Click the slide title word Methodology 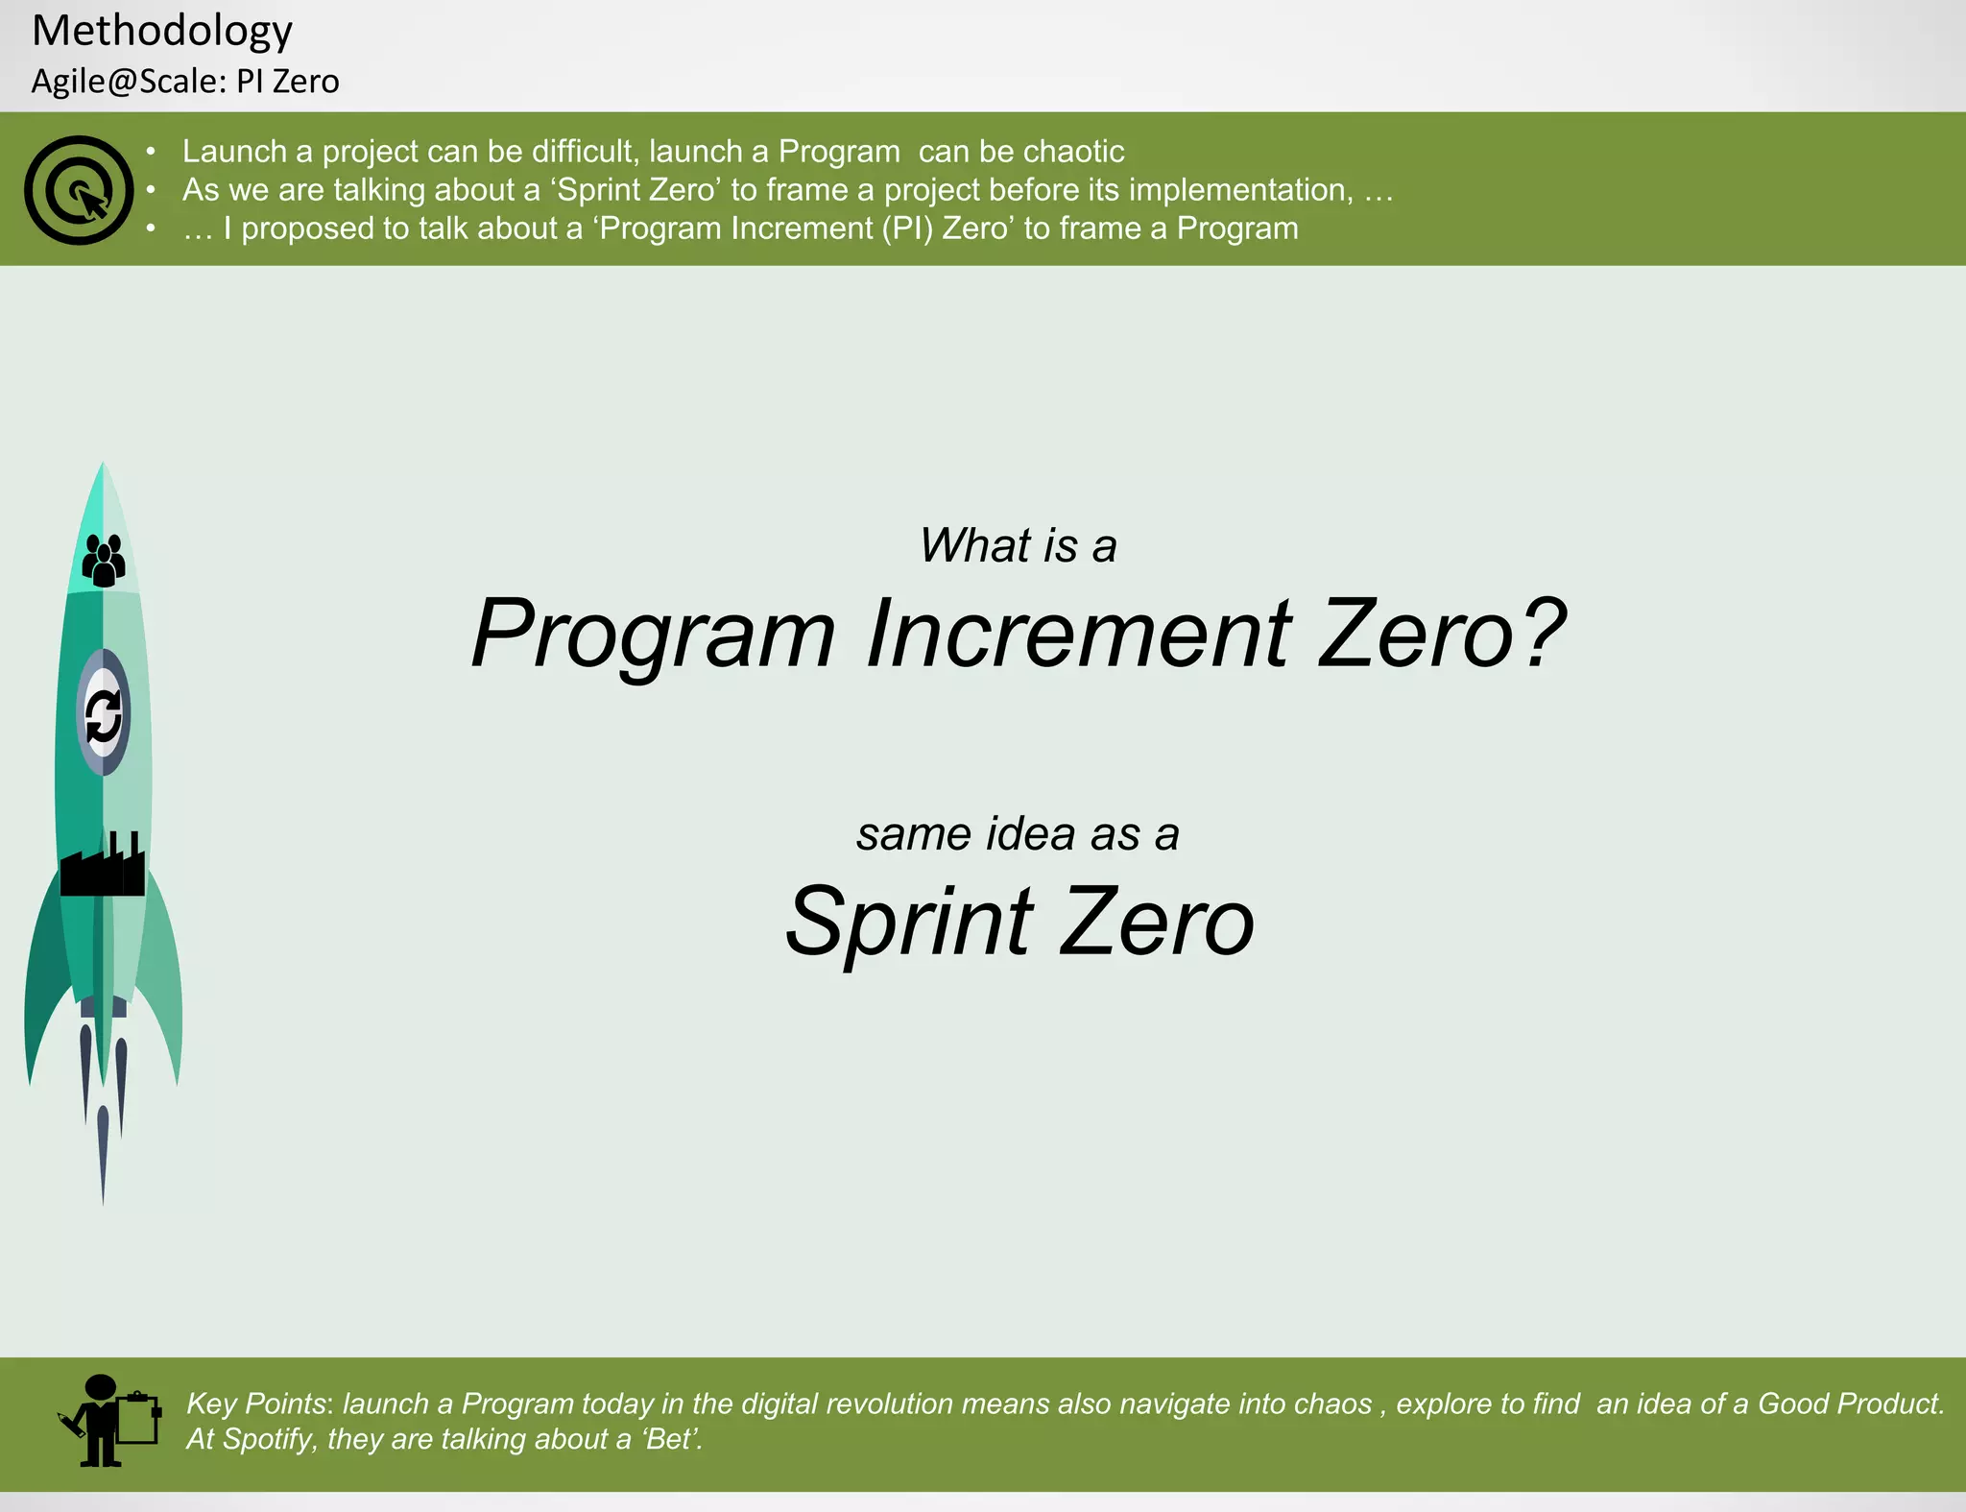tap(161, 31)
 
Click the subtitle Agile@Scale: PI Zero tap(185, 82)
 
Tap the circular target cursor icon tap(79, 190)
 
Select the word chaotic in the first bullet tap(1072, 152)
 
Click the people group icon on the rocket tap(104, 561)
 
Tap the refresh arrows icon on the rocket tap(104, 716)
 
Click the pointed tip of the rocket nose tap(103, 467)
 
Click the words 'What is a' tap(1018, 545)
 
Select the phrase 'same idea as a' tap(1018, 833)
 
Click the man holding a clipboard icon tap(108, 1421)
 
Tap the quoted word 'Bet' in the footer tap(668, 1439)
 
